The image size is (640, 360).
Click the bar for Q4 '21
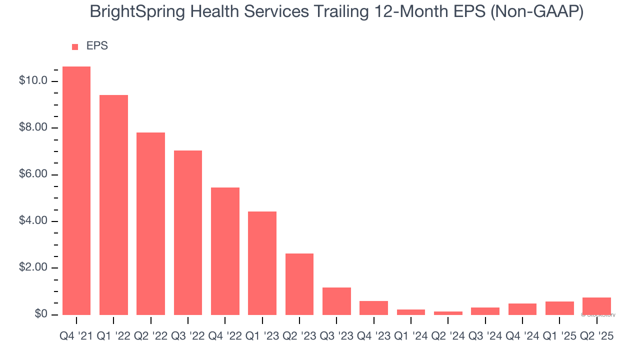(x=76, y=190)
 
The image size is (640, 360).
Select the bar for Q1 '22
(x=113, y=204)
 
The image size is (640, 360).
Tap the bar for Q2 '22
(x=150, y=223)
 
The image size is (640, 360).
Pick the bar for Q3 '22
(x=188, y=232)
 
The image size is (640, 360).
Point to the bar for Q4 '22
(x=225, y=251)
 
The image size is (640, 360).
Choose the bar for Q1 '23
(x=262, y=263)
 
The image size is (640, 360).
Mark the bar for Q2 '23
(x=299, y=284)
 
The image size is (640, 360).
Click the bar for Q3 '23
(x=336, y=301)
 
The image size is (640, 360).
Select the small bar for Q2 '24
(x=448, y=313)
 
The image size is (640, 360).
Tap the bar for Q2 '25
(x=596, y=306)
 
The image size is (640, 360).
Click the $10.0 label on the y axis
(x=33, y=81)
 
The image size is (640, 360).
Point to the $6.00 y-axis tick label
(x=33, y=174)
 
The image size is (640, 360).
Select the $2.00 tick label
(x=33, y=268)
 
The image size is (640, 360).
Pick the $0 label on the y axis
(x=41, y=314)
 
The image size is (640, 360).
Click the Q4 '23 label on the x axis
(x=373, y=336)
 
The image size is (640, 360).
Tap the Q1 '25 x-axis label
(x=559, y=336)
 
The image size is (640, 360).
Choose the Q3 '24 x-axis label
(x=485, y=336)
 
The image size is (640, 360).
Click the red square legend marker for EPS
(x=75, y=46)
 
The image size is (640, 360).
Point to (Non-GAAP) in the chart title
(x=537, y=12)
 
